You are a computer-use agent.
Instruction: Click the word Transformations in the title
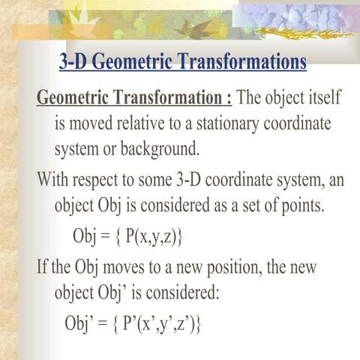coord(240,62)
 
